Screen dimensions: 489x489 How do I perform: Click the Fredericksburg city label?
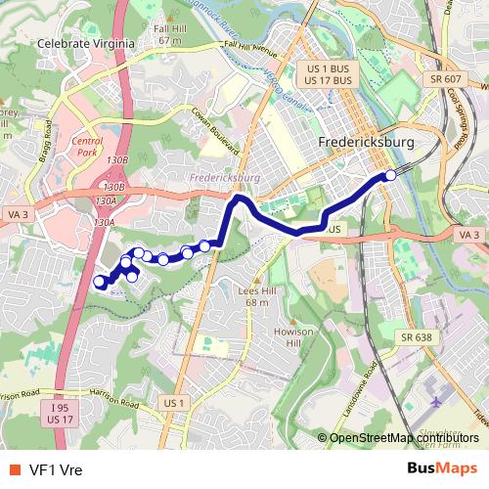coord(367,143)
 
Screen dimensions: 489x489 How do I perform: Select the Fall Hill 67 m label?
coord(169,35)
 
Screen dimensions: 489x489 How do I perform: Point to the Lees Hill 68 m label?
coord(256,297)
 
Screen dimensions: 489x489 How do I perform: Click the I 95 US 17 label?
coord(60,414)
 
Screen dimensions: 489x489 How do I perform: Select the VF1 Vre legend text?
coord(56,468)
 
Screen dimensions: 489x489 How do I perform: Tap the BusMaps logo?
coord(443,467)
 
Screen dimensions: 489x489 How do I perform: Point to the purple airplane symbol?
coord(434,401)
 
